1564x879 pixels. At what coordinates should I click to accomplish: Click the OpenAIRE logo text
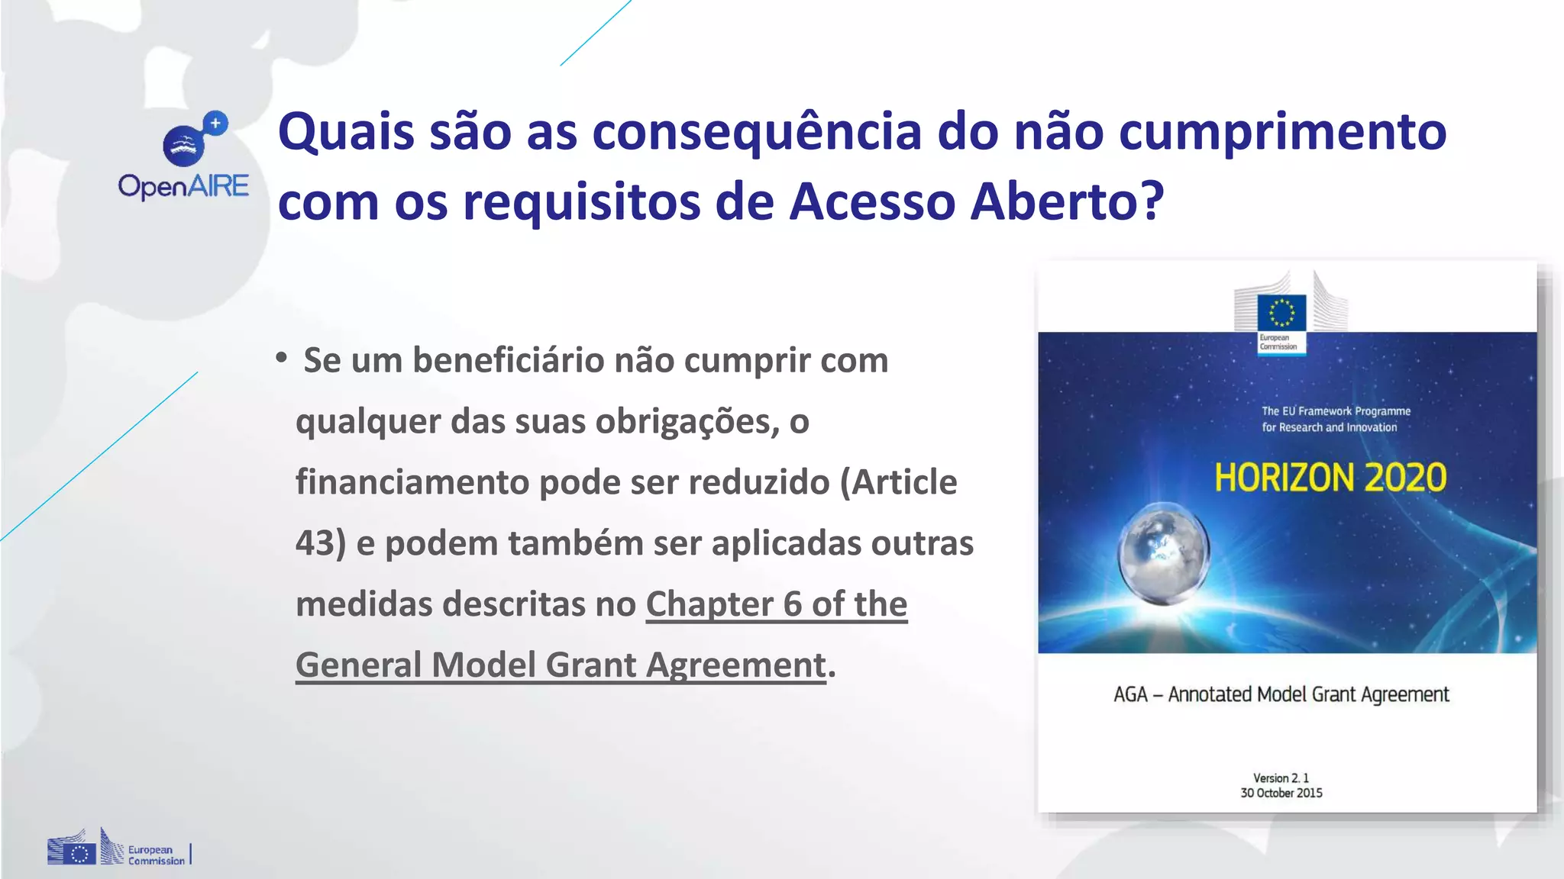point(183,186)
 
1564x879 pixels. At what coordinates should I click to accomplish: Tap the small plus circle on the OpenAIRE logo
point(216,123)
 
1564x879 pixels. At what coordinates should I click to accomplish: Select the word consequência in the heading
point(757,132)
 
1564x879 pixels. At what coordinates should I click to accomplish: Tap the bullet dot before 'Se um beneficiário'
point(282,357)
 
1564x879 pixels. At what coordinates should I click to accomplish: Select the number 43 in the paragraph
point(314,543)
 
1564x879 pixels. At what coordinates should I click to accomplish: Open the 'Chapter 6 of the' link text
point(776,604)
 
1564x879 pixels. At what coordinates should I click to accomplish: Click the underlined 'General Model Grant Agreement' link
point(561,665)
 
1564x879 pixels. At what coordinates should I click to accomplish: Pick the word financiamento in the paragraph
point(412,482)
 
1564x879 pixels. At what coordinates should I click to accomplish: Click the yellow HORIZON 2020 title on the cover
point(1330,478)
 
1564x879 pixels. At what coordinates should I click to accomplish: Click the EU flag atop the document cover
point(1281,313)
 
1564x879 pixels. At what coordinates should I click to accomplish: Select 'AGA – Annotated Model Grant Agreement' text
point(1281,694)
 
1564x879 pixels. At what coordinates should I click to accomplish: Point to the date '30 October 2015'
point(1281,793)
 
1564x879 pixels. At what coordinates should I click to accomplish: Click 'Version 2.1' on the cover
point(1281,778)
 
